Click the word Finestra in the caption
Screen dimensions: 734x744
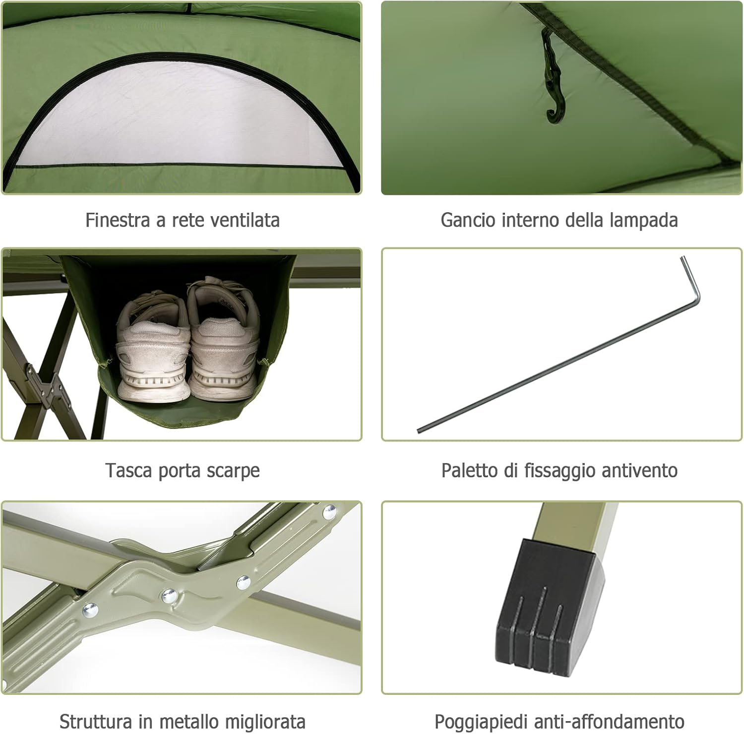117,220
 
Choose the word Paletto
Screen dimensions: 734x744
470,471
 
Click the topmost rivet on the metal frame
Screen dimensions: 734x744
329,512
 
